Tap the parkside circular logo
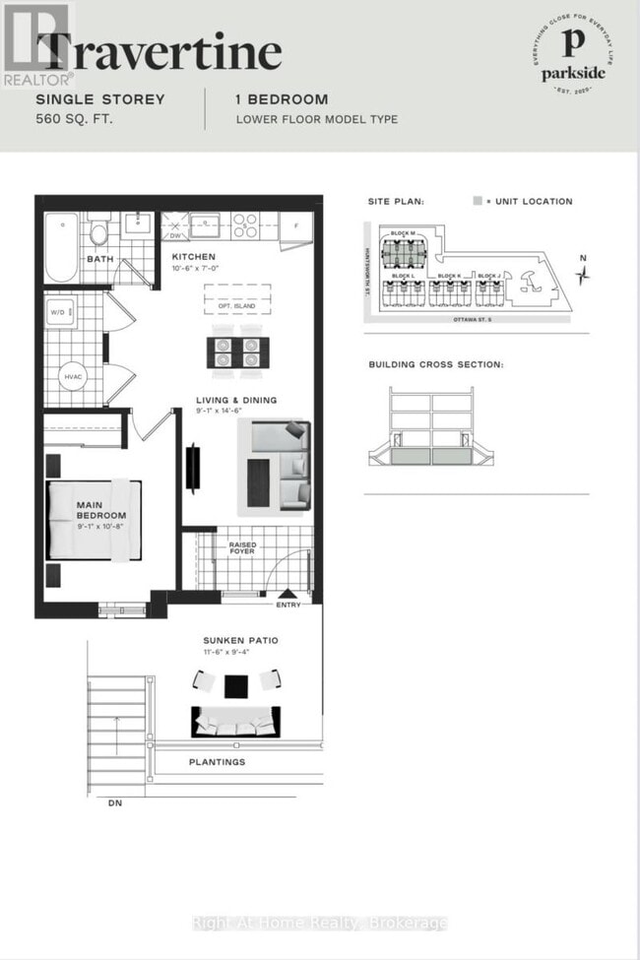573,58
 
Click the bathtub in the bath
62,246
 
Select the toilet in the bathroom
99,235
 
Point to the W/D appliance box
58,313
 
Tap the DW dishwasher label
175,236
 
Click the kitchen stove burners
243,225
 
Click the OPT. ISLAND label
237,306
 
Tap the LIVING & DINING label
235,400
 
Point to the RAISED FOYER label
242,547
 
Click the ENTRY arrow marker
288,594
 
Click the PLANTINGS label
218,762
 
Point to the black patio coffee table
236,684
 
